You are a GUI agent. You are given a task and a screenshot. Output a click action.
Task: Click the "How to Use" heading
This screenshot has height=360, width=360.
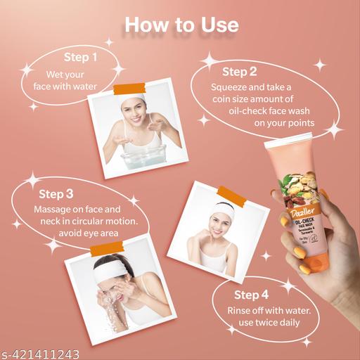tap(181, 25)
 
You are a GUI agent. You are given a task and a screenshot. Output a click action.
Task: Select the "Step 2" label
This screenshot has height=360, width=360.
tap(240, 71)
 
